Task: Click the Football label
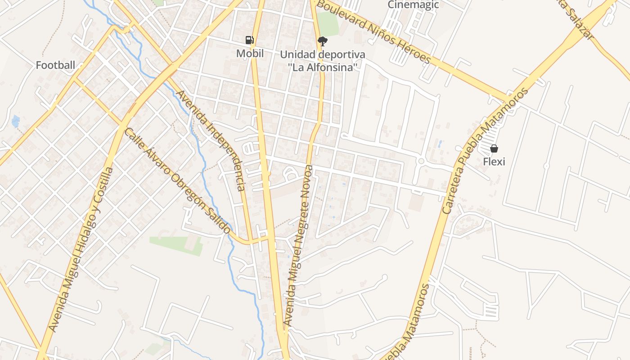pyautogui.click(x=55, y=65)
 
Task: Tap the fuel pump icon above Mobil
pyautogui.click(x=250, y=40)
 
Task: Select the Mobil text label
pyautogui.click(x=250, y=54)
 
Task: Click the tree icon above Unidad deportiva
pyautogui.click(x=322, y=42)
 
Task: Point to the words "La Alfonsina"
pyautogui.click(x=323, y=67)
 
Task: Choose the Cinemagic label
pyautogui.click(x=407, y=5)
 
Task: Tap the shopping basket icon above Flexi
pyautogui.click(x=494, y=148)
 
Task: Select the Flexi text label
pyautogui.click(x=494, y=161)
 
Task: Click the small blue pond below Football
pyautogui.click(x=16, y=121)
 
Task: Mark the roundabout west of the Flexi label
pyautogui.click(x=421, y=161)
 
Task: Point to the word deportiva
pyautogui.click(x=342, y=54)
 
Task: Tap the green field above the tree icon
pyautogui.click(x=328, y=23)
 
